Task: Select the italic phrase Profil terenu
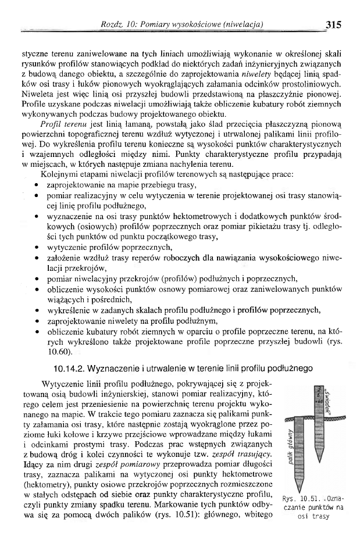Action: (x=59, y=125)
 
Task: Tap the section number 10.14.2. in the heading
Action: (x=73, y=367)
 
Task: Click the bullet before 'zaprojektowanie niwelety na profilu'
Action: (x=37, y=321)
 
